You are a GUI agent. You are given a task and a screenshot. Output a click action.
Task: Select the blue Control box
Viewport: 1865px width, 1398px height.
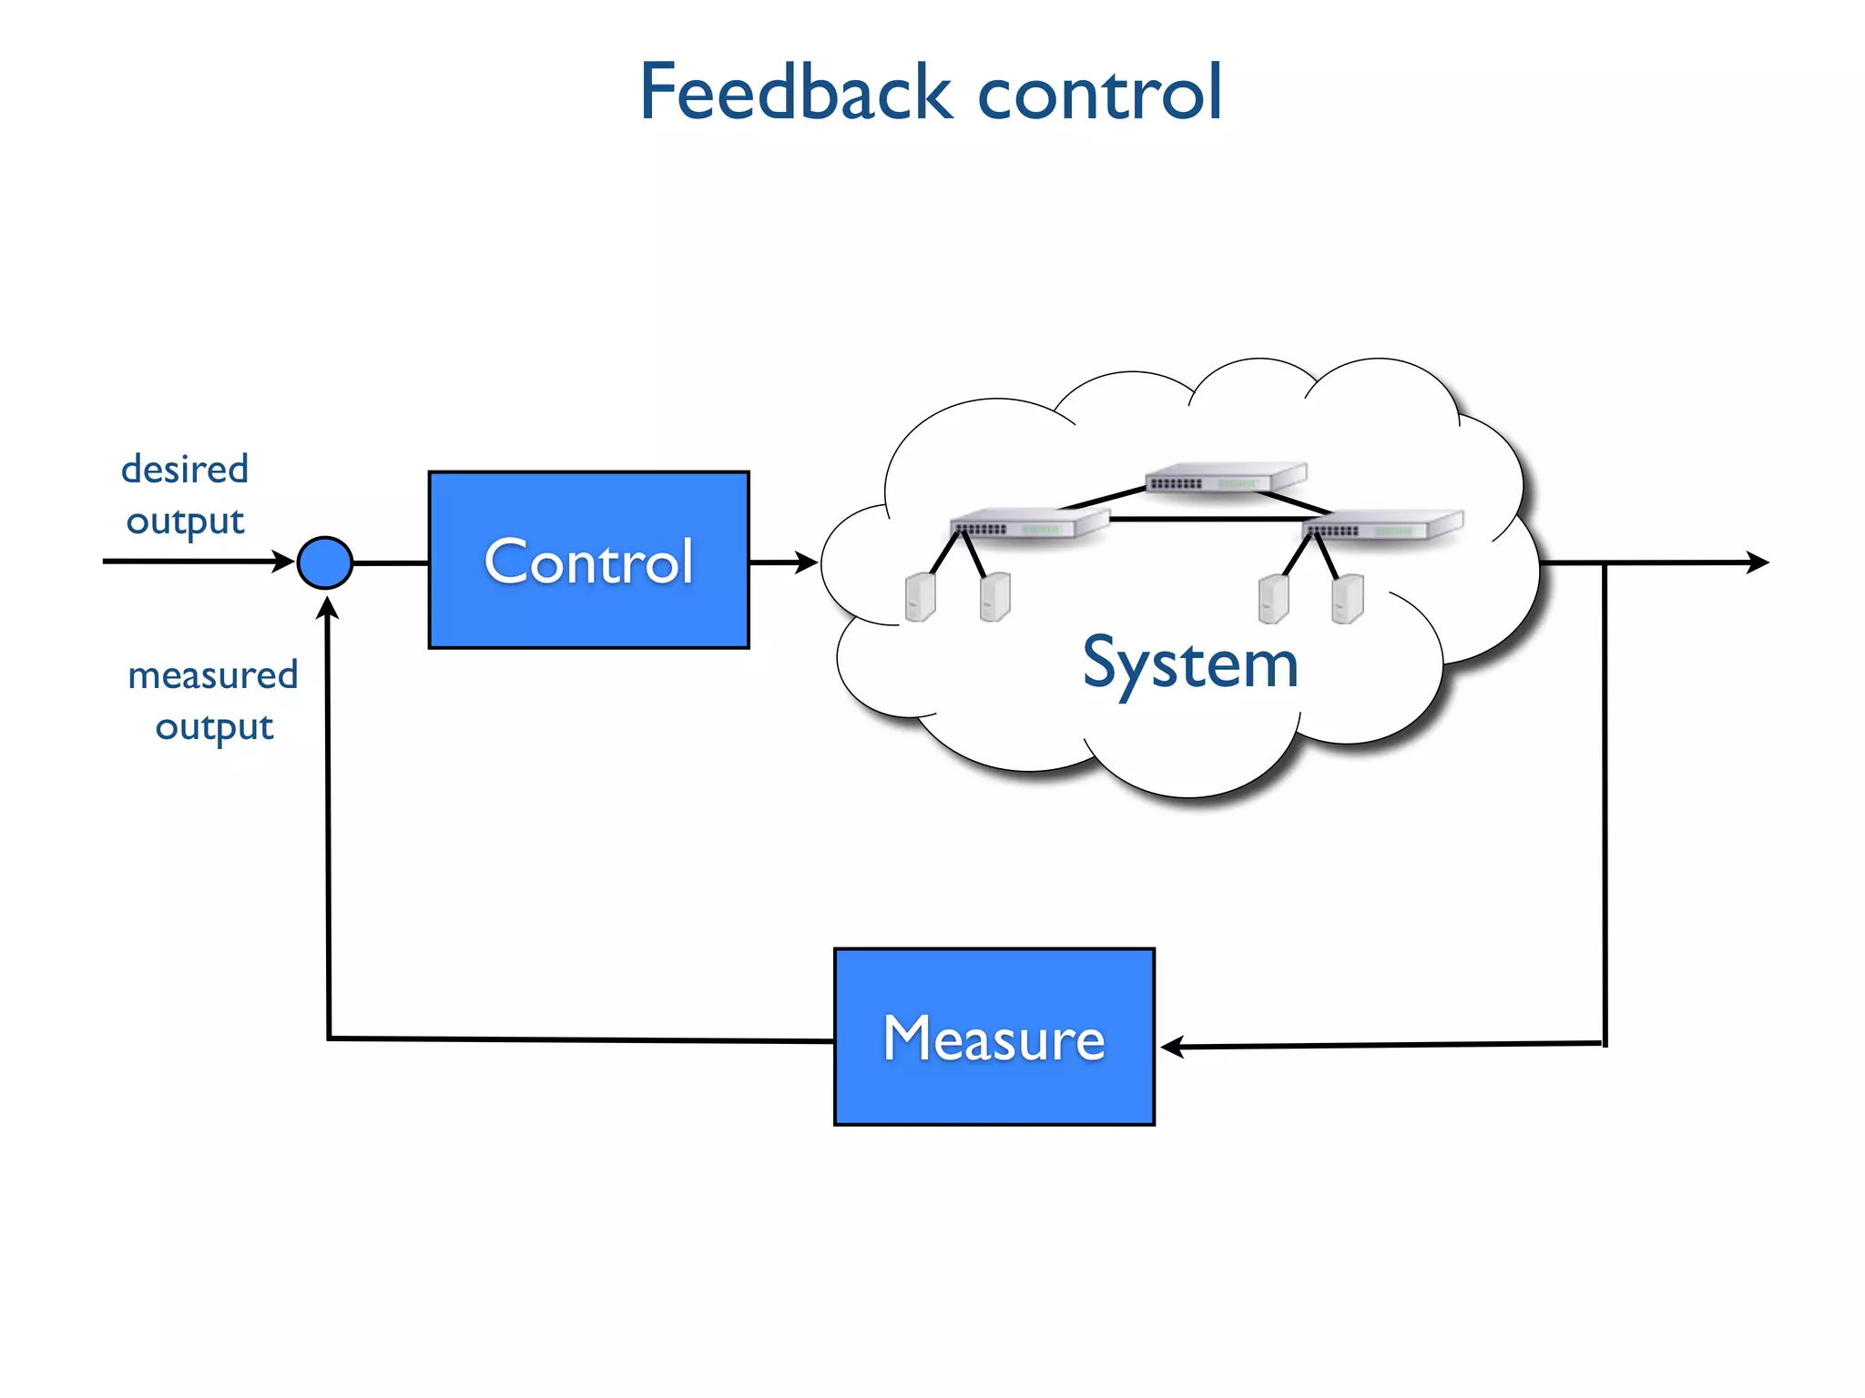tap(588, 560)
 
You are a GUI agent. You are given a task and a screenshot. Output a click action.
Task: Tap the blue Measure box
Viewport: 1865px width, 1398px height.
tap(994, 1037)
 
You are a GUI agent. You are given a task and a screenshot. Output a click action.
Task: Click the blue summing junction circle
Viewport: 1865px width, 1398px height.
tap(325, 562)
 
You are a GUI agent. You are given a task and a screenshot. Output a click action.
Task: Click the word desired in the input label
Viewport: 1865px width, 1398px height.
tap(185, 470)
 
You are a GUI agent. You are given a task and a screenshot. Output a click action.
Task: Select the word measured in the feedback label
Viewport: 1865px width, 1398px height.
tap(212, 675)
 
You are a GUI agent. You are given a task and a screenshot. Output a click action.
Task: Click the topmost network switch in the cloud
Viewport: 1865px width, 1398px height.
tap(1226, 479)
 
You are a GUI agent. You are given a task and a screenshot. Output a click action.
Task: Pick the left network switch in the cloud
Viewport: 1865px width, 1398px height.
tap(1028, 525)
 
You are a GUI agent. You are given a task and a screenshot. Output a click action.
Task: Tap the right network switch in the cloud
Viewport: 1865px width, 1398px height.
tap(1381, 526)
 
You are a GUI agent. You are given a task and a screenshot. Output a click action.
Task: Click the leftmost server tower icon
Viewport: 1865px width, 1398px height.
tap(920, 597)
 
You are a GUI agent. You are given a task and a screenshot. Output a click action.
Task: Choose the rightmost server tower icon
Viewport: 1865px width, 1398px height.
tap(1347, 598)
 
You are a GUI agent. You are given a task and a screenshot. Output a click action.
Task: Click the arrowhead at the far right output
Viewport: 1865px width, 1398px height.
tap(1758, 562)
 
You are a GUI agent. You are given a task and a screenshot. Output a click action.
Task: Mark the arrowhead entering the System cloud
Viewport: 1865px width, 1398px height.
tap(807, 562)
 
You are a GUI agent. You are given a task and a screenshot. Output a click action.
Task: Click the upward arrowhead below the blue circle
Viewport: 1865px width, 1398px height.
tap(327, 608)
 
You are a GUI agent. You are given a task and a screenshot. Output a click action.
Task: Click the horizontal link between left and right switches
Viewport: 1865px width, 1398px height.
tap(1207, 519)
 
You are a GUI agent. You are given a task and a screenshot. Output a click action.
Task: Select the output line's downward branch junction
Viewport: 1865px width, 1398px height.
tap(1605, 563)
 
